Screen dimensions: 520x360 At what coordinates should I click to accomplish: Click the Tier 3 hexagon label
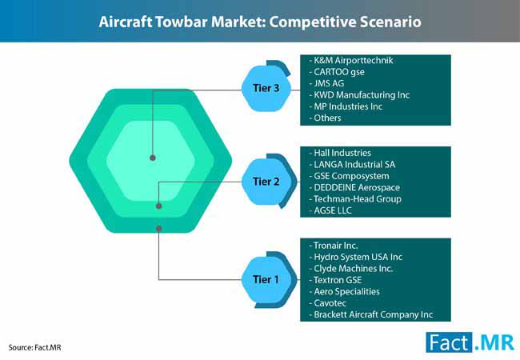(x=266, y=88)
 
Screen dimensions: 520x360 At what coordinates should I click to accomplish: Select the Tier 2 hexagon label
(x=266, y=182)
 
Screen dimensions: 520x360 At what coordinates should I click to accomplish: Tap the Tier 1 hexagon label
(x=266, y=279)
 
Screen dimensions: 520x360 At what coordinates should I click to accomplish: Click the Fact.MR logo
(x=470, y=342)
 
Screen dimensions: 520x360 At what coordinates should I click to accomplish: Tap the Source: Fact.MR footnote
(x=35, y=347)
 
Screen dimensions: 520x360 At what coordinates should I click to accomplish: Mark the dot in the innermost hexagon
(x=153, y=158)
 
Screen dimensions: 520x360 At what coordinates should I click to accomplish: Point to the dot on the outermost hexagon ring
(x=159, y=228)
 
